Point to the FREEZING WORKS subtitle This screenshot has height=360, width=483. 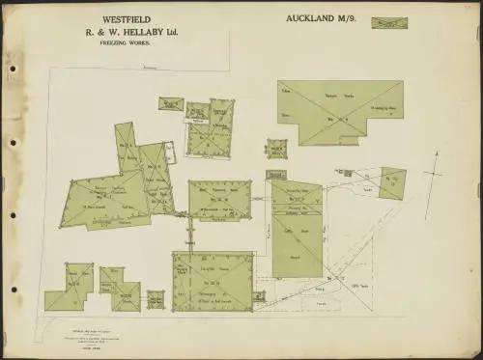(126, 43)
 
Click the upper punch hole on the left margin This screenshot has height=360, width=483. (13, 69)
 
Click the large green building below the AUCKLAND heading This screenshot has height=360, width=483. (339, 112)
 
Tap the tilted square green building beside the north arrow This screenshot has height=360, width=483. (392, 182)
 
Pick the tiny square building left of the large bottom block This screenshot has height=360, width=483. (156, 298)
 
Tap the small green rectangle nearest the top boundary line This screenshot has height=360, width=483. (171, 103)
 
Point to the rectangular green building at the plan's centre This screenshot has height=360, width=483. (219, 199)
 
